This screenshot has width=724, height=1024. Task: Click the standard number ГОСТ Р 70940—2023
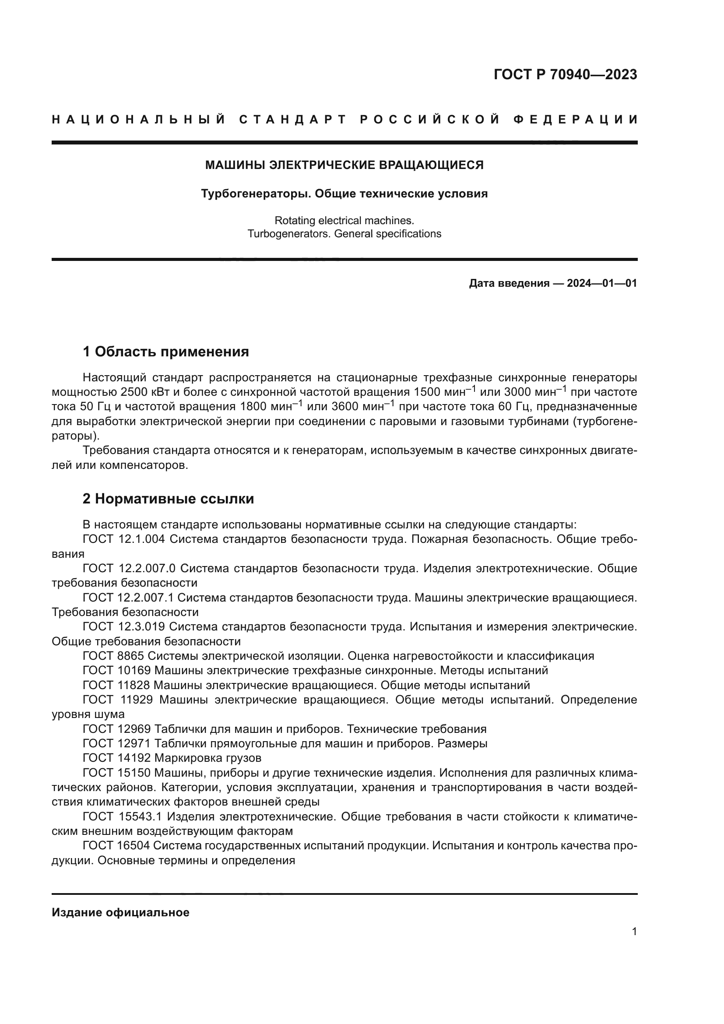pyautogui.click(x=565, y=74)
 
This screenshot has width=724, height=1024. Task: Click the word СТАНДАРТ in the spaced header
pyautogui.click(x=292, y=120)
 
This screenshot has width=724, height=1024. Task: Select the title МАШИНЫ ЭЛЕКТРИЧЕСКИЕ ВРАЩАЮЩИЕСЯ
pyautogui.click(x=344, y=165)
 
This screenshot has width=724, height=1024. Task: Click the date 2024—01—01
pyautogui.click(x=601, y=283)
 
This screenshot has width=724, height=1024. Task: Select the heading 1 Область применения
pyautogui.click(x=165, y=352)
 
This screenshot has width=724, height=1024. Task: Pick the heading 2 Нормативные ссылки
pyautogui.click(x=168, y=499)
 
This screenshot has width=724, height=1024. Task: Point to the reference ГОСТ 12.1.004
pyautogui.click(x=123, y=539)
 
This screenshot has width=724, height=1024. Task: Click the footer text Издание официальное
pyautogui.click(x=120, y=912)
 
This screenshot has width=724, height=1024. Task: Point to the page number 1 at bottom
pyautogui.click(x=634, y=932)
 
